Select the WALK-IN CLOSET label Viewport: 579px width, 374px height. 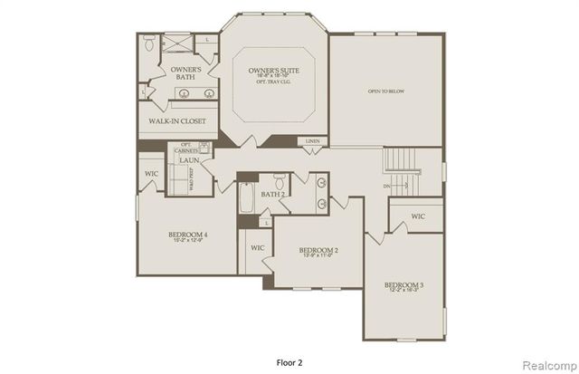click(x=176, y=121)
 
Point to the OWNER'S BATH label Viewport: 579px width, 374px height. click(x=186, y=73)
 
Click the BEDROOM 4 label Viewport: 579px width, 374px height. click(x=188, y=235)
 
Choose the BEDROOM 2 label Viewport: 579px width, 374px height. click(x=318, y=250)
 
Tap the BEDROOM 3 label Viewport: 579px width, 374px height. click(x=404, y=285)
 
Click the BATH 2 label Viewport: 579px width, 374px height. click(x=274, y=194)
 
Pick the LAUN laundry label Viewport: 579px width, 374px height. click(x=189, y=160)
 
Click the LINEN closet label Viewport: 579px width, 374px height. click(x=312, y=141)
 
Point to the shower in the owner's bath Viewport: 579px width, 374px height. click(x=179, y=43)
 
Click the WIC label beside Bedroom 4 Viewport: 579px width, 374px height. click(x=151, y=172)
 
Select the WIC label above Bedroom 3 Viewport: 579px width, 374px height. click(x=417, y=216)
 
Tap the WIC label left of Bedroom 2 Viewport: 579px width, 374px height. click(x=257, y=246)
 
